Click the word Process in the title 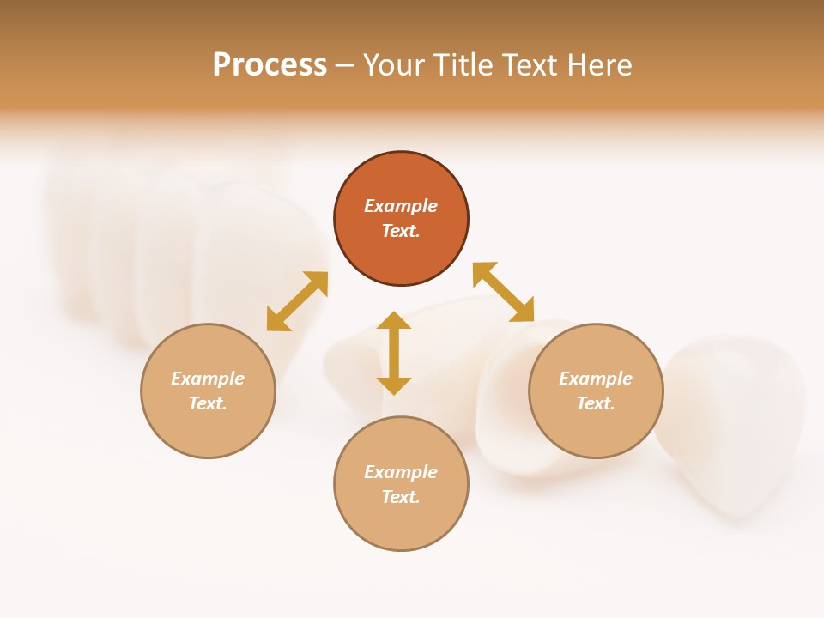pyautogui.click(x=270, y=65)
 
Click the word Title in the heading pyautogui.click(x=464, y=65)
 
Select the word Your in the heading pyautogui.click(x=394, y=65)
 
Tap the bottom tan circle pyautogui.click(x=401, y=524)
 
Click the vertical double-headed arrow pyautogui.click(x=394, y=353)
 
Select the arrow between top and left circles pyautogui.click(x=297, y=301)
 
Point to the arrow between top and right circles pyautogui.click(x=503, y=292)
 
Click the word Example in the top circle pyautogui.click(x=401, y=206)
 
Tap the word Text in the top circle pyautogui.click(x=401, y=231)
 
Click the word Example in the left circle pyautogui.click(x=208, y=379)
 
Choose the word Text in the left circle pyautogui.click(x=208, y=403)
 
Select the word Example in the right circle pyautogui.click(x=596, y=379)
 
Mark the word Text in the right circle pyautogui.click(x=596, y=403)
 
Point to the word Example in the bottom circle pyautogui.click(x=401, y=472)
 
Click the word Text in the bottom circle pyautogui.click(x=401, y=497)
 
